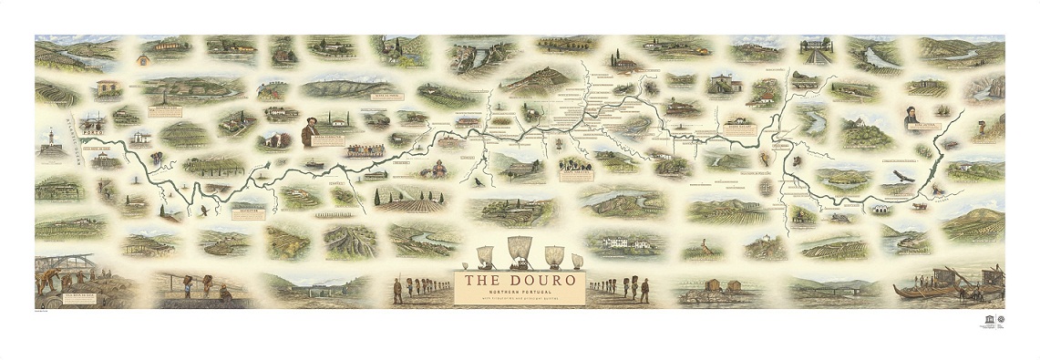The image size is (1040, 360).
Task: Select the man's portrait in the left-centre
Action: coord(309,133)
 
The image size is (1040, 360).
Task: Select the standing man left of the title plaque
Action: coord(397,290)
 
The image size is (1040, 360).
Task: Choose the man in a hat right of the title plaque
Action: coord(644,289)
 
